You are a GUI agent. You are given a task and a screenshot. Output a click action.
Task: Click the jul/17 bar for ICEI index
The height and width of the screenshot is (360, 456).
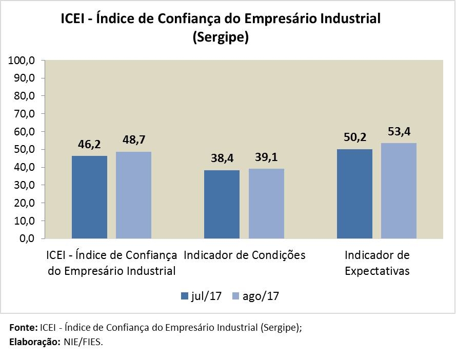89,197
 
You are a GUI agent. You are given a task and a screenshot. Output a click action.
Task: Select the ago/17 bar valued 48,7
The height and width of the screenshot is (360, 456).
133,195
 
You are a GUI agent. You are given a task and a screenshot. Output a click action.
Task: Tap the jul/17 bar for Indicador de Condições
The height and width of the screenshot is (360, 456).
222,204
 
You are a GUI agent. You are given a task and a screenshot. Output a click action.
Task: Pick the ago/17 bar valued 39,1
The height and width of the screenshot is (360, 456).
266,204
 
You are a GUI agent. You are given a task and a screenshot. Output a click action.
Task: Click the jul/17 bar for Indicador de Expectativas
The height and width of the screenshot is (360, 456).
354,194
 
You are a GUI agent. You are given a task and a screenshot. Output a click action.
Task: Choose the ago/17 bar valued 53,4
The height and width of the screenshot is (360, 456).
399,191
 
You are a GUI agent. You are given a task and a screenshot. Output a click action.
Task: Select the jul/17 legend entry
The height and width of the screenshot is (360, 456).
201,296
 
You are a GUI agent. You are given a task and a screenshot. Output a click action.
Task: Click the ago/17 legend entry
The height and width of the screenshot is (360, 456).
256,296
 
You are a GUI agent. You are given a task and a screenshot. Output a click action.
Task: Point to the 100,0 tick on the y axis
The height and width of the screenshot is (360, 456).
22,61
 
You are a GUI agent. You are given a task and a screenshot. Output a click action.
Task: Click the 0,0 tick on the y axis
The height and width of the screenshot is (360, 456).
26,239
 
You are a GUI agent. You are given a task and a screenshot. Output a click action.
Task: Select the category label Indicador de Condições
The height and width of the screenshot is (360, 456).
244,255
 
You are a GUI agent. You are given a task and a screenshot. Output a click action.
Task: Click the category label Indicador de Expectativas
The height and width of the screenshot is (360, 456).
377,263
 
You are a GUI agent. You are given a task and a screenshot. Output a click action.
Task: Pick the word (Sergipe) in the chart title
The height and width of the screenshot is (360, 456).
220,38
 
